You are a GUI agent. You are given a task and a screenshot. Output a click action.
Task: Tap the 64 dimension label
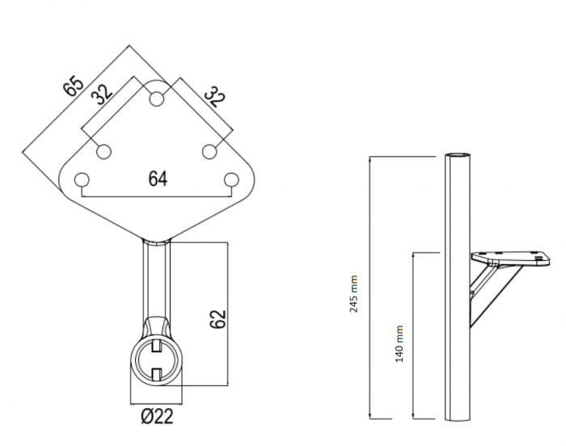158,179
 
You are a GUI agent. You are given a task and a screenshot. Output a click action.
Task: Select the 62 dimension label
218,319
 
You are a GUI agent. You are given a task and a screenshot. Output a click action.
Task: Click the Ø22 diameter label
157,416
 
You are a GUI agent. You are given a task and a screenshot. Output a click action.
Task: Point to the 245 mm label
354,293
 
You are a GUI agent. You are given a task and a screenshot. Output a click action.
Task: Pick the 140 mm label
399,343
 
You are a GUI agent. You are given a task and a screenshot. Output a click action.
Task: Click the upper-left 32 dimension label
102,95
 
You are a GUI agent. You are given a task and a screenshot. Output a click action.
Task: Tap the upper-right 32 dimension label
215,97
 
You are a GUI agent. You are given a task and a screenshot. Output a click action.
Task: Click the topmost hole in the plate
156,99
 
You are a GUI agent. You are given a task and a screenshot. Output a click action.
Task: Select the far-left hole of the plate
82,179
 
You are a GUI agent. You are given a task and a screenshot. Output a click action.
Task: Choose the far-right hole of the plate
231,179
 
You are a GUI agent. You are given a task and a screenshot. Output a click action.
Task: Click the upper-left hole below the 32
103,152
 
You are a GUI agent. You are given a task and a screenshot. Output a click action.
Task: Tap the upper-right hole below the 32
209,152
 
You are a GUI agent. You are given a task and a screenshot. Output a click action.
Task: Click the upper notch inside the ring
156,346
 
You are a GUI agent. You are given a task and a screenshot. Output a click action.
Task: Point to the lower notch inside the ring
156,374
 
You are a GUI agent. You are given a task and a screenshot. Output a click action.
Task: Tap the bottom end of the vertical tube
458,419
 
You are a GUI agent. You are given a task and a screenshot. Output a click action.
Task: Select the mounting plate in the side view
510,259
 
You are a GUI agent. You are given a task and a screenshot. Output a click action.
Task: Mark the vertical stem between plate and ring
156,280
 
